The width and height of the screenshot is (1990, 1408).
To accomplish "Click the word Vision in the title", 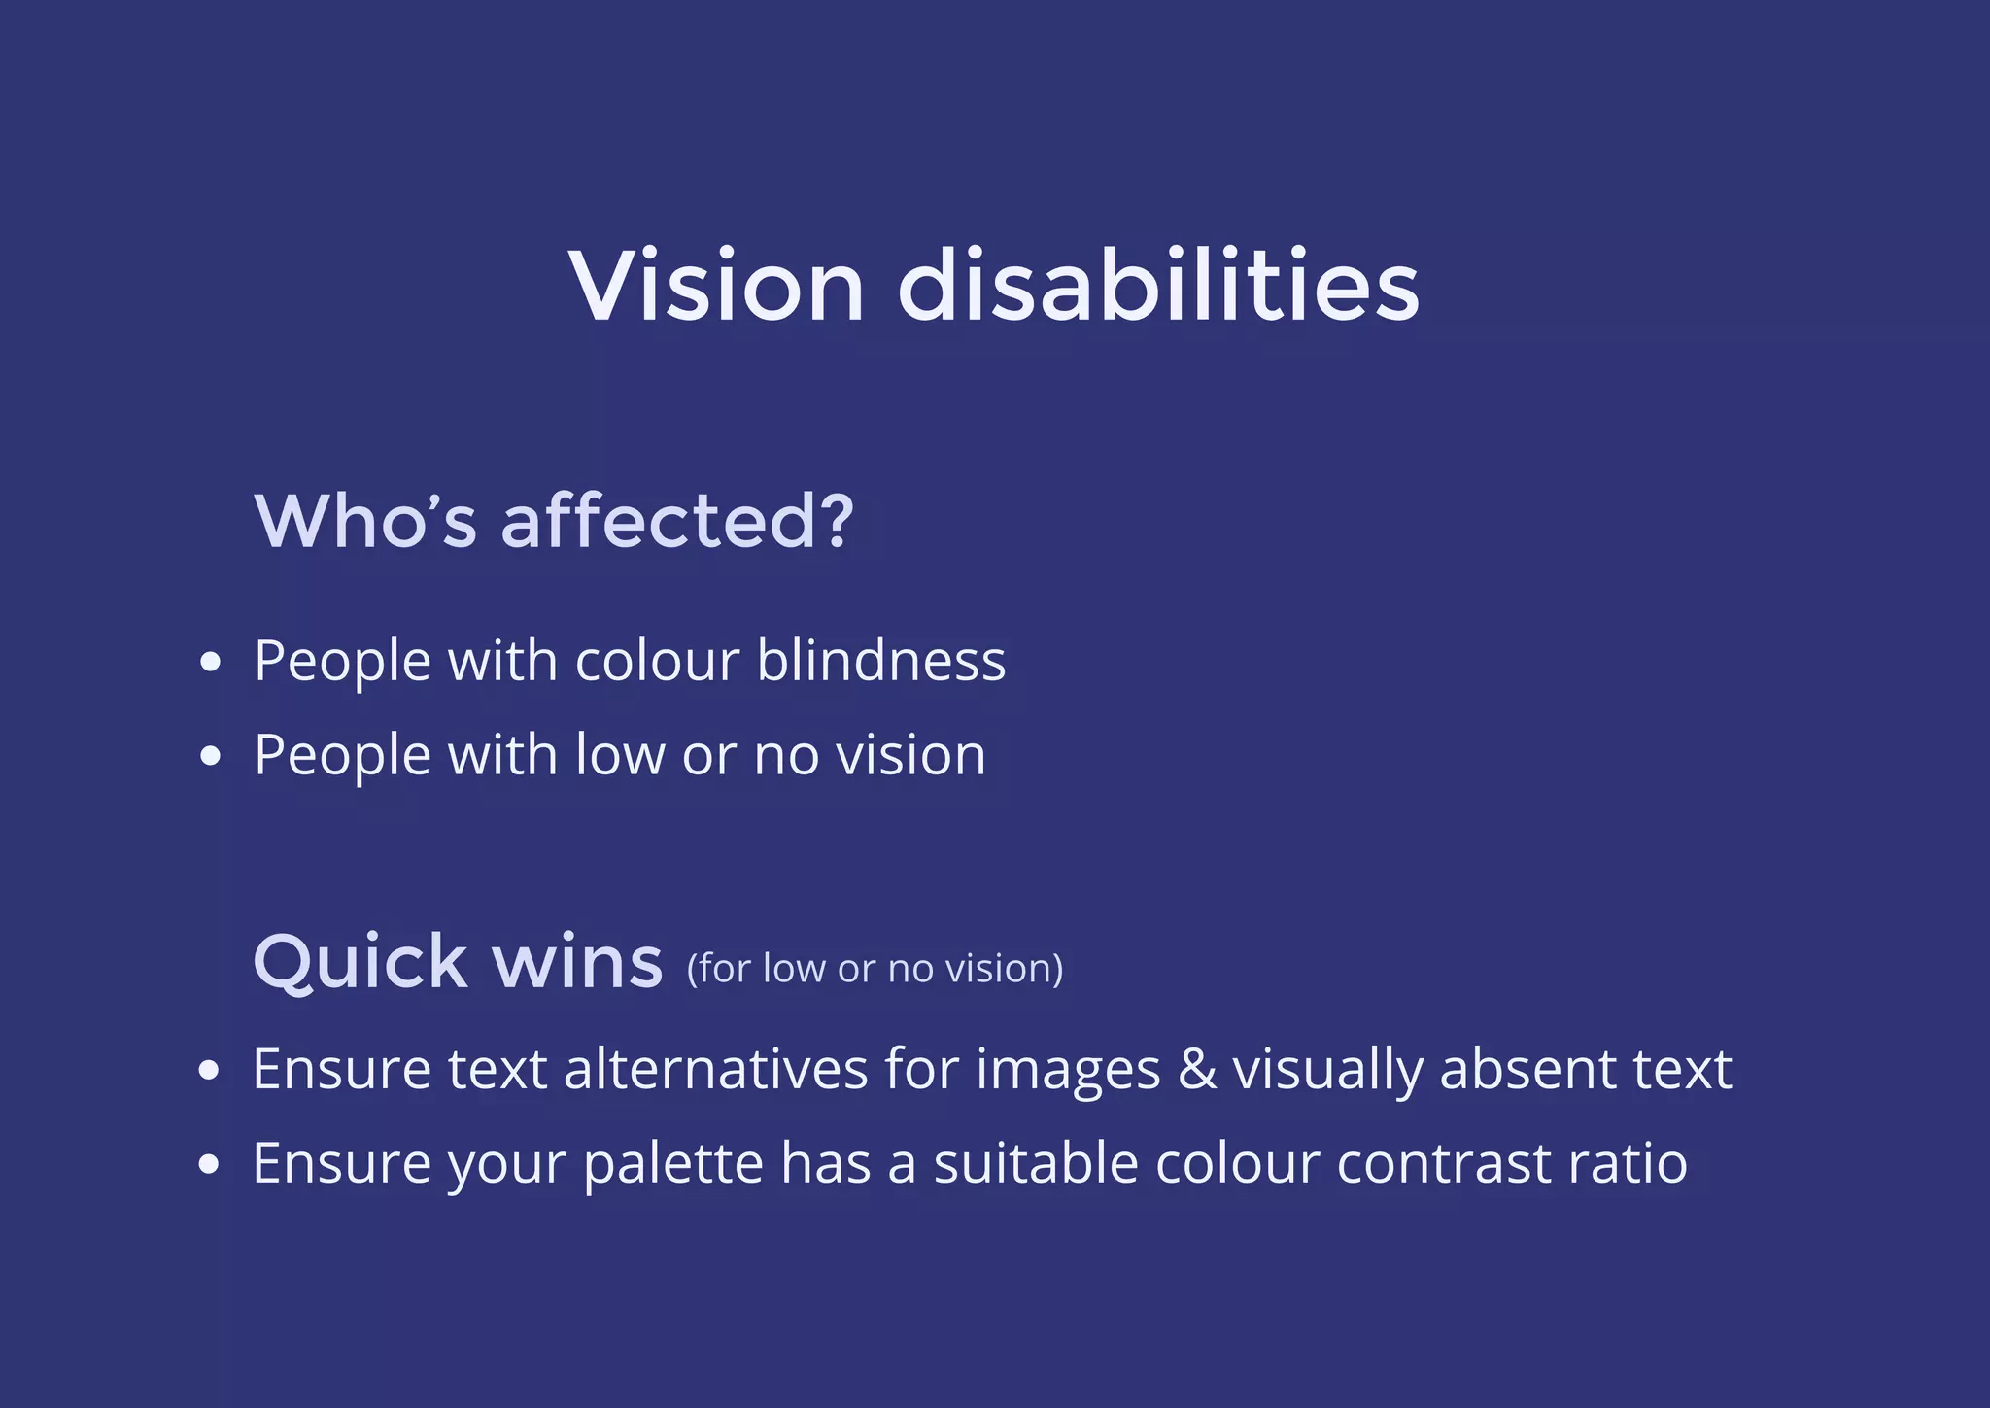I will click(x=716, y=286).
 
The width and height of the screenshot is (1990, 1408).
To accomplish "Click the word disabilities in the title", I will click(x=1158, y=286).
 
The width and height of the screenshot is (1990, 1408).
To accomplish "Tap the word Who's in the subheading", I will click(x=365, y=521).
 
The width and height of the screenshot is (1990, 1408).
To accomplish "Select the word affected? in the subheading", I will click(x=677, y=521).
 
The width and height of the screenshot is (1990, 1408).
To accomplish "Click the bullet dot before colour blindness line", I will click(x=210, y=663).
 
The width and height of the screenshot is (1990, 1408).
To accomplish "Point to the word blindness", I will click(x=880, y=662).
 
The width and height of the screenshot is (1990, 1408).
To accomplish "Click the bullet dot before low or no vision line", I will click(x=210, y=756).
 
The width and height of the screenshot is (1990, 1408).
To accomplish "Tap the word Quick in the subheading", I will click(x=360, y=962).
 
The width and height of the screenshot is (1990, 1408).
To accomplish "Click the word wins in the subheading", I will click(x=577, y=962).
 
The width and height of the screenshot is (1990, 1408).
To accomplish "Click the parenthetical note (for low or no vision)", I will click(x=875, y=969).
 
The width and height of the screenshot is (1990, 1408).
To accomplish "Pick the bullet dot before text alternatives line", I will click(x=208, y=1071).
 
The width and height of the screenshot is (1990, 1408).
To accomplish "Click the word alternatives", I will click(x=716, y=1069).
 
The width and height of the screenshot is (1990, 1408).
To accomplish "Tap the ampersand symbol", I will click(x=1197, y=1069).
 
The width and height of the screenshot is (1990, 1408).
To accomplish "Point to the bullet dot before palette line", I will click(x=208, y=1164).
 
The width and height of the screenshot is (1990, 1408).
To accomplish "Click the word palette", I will click(x=673, y=1164).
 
